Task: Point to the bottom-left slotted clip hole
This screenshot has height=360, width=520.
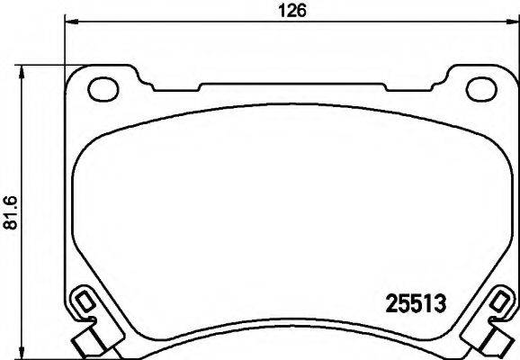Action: pyautogui.click(x=82, y=300)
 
